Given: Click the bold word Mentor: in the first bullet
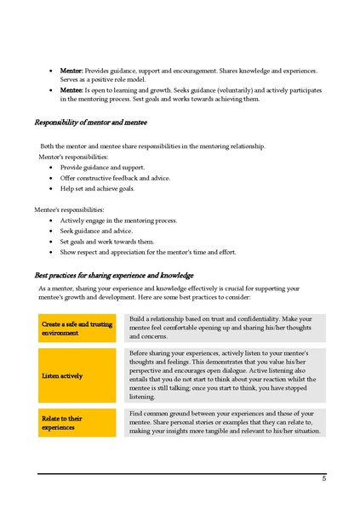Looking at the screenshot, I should (x=71, y=71).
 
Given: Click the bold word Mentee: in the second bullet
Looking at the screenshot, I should (x=71, y=89).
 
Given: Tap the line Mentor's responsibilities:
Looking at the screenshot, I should (x=73, y=157).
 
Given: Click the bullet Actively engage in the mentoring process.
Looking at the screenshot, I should (x=118, y=220).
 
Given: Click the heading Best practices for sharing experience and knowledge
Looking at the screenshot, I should (x=114, y=276).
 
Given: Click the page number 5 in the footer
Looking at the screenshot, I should (x=323, y=479).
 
